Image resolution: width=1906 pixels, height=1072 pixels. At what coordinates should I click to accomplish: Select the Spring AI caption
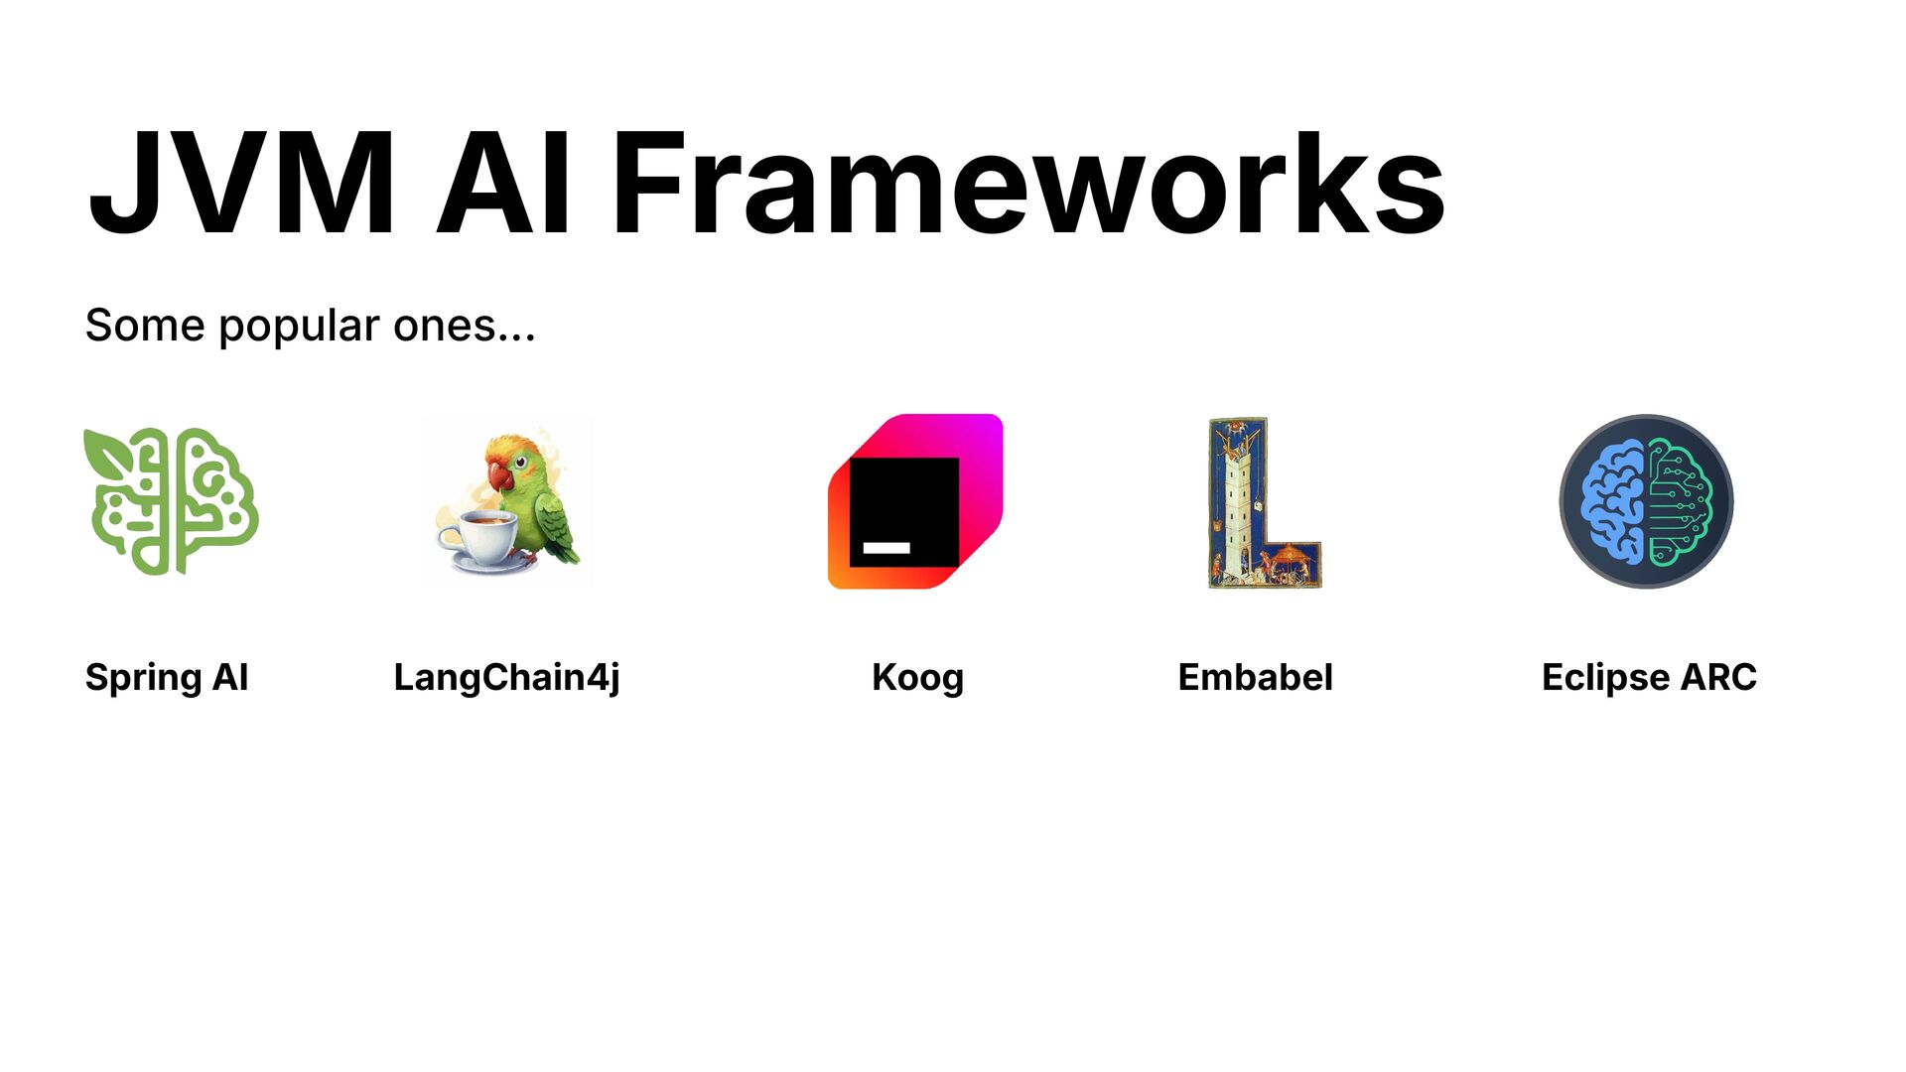(167, 678)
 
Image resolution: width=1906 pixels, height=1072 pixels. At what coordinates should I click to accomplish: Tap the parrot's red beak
(500, 478)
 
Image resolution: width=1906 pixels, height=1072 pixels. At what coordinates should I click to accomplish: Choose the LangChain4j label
(506, 678)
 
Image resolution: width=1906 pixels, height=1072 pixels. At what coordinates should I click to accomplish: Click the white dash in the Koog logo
(885, 548)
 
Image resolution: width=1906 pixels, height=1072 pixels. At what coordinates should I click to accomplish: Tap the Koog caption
(917, 678)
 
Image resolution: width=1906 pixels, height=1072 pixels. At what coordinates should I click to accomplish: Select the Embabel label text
(1255, 678)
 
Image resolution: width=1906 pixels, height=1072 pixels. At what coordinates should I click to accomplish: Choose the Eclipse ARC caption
(1649, 678)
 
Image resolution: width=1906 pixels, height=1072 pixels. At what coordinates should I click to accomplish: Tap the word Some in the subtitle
(131, 327)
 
